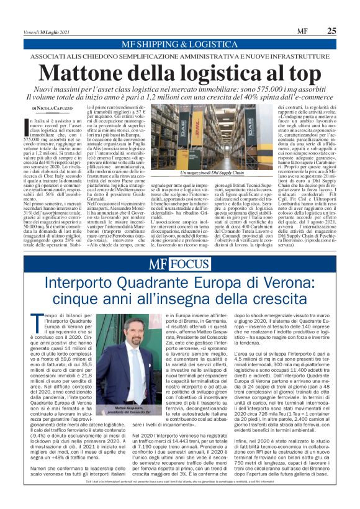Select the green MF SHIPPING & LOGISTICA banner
coord(180,44)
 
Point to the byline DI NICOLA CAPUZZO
coord(56,108)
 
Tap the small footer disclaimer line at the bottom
coord(180,498)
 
